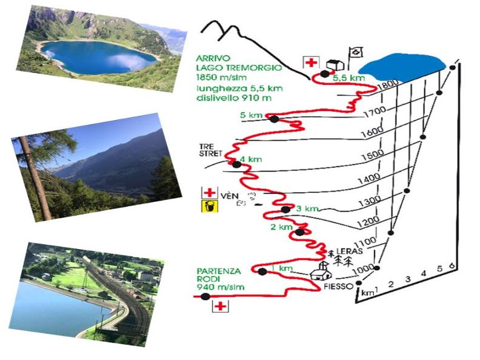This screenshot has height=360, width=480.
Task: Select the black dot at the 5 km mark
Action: click(273, 119)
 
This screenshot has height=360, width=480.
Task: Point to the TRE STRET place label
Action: click(207, 150)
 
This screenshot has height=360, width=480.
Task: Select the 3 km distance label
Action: click(308, 208)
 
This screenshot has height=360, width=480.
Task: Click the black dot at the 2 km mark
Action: click(299, 232)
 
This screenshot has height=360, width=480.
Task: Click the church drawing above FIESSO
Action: click(321, 272)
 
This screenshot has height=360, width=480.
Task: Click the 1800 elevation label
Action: click(387, 85)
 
